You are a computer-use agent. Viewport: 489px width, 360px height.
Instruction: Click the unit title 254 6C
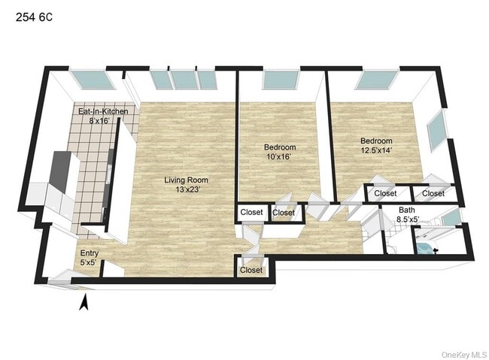click(34, 17)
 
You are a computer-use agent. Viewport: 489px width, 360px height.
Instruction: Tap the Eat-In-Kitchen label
click(103, 111)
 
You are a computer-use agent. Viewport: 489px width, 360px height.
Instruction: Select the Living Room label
click(186, 180)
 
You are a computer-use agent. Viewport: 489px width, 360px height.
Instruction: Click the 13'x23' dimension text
click(187, 189)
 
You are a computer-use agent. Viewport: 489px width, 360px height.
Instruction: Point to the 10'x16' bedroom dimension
click(279, 156)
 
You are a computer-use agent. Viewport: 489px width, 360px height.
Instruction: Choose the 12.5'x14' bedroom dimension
click(376, 150)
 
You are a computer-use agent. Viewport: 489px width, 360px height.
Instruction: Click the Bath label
click(407, 210)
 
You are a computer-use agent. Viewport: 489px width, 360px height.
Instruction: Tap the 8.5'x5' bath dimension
click(408, 219)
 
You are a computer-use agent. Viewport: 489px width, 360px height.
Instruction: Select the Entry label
click(90, 253)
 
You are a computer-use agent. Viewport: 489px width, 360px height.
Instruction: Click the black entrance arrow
click(84, 303)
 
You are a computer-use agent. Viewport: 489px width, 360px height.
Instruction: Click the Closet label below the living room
click(251, 270)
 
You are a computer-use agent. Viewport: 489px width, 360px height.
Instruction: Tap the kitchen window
click(92, 80)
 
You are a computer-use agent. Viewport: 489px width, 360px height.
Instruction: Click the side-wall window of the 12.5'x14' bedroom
click(436, 130)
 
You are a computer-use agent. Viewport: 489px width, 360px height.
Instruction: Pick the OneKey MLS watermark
click(464, 355)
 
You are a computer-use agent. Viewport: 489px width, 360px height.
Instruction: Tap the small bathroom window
click(451, 217)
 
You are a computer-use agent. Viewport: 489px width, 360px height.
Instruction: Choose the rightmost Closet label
click(433, 194)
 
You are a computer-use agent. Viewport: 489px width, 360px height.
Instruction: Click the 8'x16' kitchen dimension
click(99, 120)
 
